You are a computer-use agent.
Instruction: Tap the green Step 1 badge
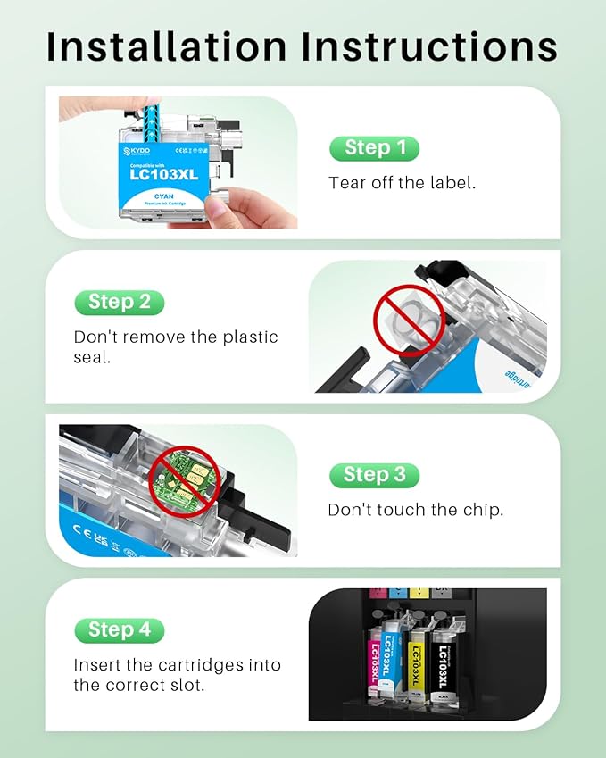tap(374, 147)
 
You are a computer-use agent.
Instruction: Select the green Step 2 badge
tap(119, 302)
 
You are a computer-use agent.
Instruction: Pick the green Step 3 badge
tap(374, 474)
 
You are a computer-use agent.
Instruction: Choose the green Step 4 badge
tap(119, 629)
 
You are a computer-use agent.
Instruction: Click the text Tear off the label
tap(403, 183)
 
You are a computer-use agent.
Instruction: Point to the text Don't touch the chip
tap(415, 510)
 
